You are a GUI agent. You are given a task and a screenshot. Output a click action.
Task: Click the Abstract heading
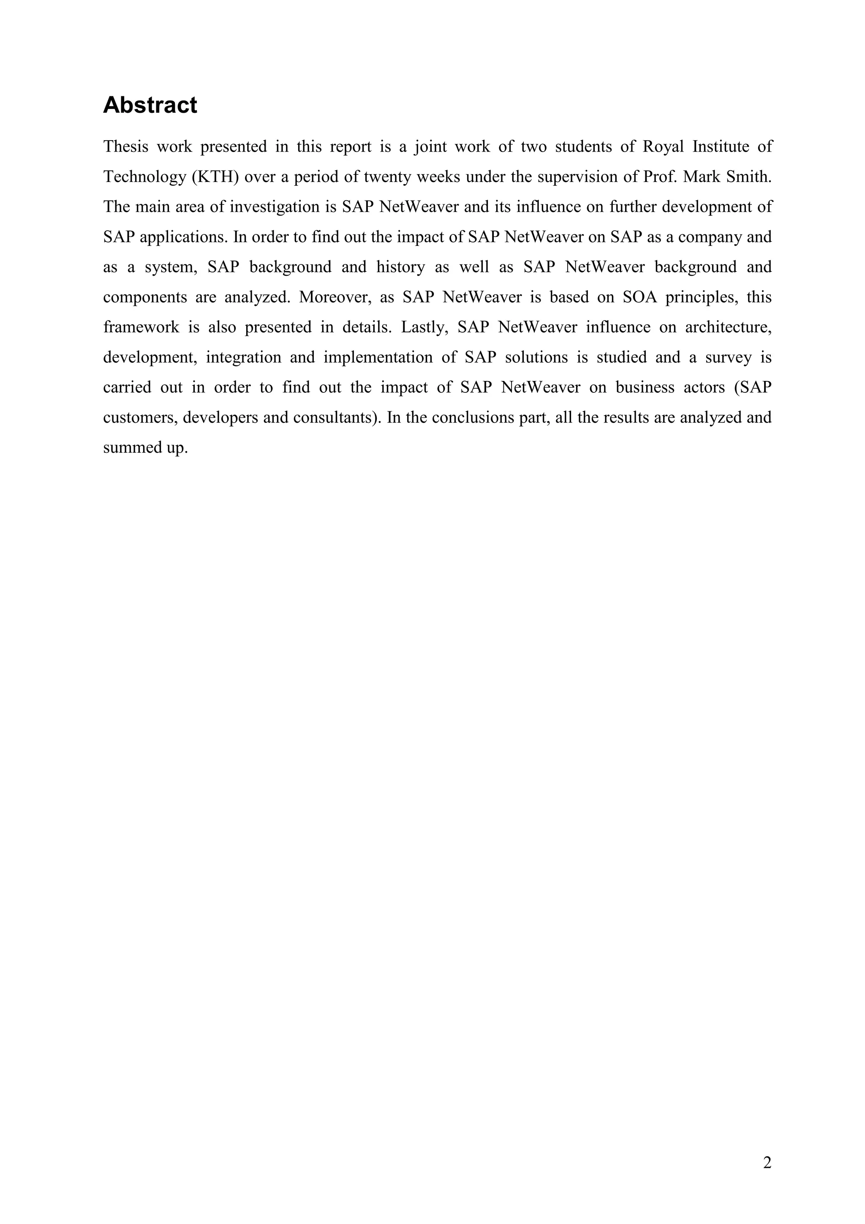(x=150, y=105)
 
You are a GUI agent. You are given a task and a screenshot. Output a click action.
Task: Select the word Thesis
(x=126, y=147)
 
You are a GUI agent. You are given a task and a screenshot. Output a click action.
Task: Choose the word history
(x=400, y=267)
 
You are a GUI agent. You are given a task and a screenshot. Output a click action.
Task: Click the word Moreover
(x=335, y=297)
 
